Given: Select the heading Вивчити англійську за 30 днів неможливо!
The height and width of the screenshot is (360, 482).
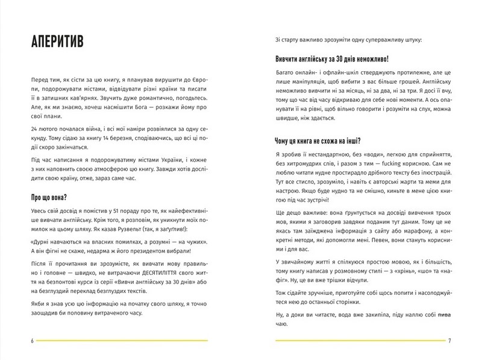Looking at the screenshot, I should (330, 60).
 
